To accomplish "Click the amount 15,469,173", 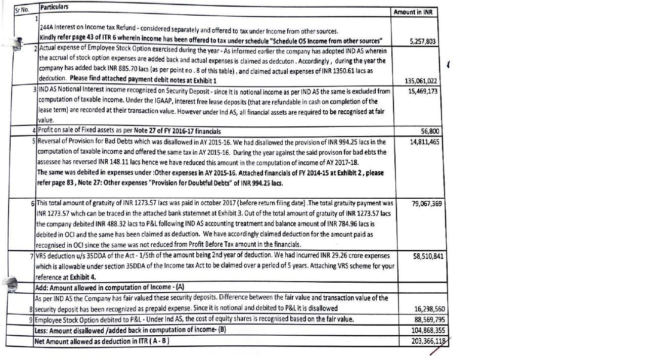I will [423, 91].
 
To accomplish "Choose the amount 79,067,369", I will [427, 204].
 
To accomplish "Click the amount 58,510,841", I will [428, 256].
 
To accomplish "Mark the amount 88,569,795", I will [429, 320].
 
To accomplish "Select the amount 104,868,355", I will [427, 330].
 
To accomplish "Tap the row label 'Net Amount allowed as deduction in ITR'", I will [101, 341].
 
